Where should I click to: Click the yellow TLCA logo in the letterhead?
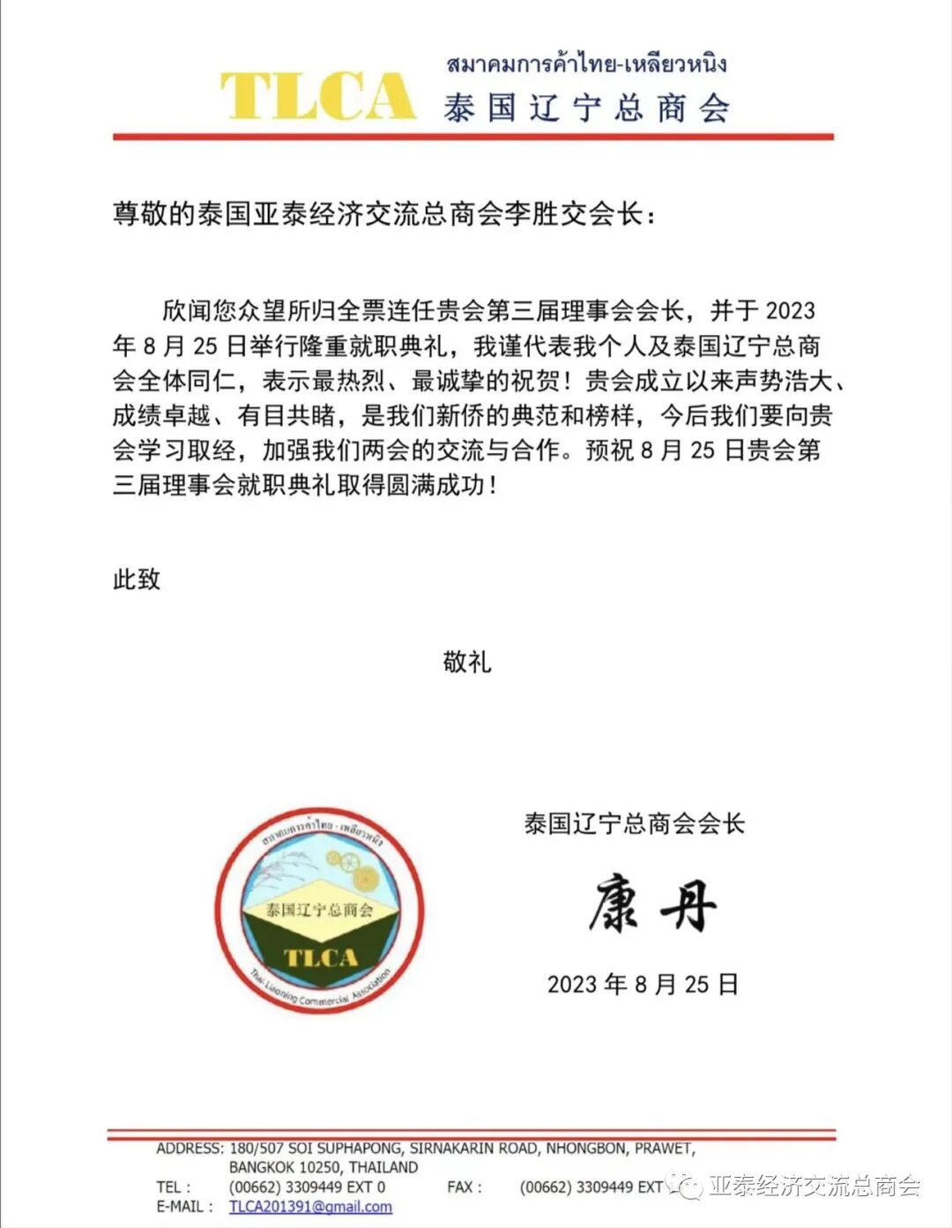tap(317, 95)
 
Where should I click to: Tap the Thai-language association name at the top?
tap(586, 63)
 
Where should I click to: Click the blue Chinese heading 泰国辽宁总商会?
tap(586, 108)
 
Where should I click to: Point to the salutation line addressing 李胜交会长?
tap(384, 214)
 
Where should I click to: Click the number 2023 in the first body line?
tap(790, 310)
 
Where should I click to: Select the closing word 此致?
tap(137, 579)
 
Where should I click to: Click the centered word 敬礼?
tap(467, 661)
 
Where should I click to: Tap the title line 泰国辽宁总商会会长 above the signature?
tap(634, 823)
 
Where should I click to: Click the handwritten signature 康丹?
tap(652, 904)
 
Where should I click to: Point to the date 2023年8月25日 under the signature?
tap(643, 984)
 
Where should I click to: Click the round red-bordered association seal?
tap(320, 911)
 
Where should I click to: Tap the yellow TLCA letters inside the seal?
tap(320, 958)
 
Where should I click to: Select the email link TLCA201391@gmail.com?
tap(310, 1207)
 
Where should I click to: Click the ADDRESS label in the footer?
tap(190, 1149)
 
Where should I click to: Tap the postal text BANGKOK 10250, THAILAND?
tap(324, 1167)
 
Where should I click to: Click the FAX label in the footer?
tap(464, 1187)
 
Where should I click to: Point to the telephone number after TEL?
tap(307, 1187)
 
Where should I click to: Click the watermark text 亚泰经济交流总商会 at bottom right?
tap(814, 1186)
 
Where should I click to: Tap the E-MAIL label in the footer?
tap(185, 1207)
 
